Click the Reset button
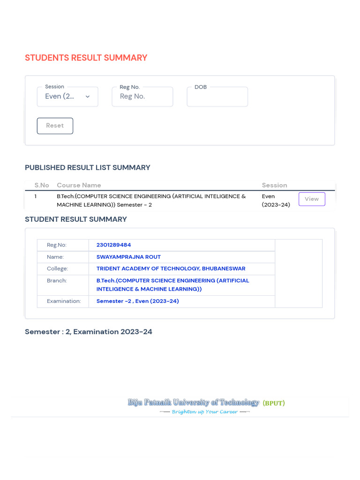coord(55,126)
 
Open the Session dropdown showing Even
coord(67,97)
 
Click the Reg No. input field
coord(142,97)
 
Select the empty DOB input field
coord(217,97)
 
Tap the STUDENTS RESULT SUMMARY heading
coord(86,58)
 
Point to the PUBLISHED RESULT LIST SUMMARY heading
coord(88,167)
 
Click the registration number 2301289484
coord(113,245)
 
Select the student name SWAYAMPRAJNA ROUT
coord(128,257)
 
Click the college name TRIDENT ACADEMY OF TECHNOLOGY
coord(171,269)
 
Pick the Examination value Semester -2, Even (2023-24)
coord(137,301)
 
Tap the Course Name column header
coord(79,185)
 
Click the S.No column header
coord(42,185)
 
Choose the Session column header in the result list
coord(274,185)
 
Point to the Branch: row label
coord(57,280)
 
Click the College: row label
coord(57,269)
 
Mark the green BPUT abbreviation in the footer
coord(273,403)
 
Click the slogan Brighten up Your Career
coord(205,412)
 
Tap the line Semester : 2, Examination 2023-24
coord(89,332)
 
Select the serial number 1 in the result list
coord(36,196)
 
